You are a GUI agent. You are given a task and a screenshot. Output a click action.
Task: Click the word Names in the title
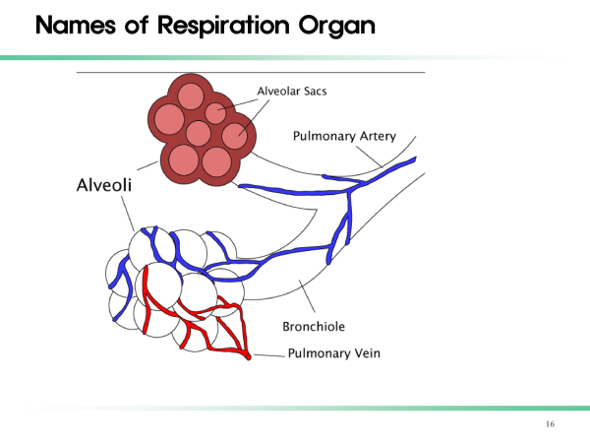76,26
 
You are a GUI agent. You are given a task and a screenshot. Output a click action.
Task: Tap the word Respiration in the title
223,26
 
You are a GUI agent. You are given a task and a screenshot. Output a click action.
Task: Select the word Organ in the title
337,27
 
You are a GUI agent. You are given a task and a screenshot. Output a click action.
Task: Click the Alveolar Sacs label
292,92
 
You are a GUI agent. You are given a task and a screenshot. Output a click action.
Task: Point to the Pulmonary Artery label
344,136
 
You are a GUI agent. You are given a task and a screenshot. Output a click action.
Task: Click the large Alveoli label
104,185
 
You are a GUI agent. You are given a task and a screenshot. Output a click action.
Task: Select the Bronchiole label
314,326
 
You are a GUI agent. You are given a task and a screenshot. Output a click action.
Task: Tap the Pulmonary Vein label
333,353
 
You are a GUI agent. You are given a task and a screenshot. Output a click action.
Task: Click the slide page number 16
550,424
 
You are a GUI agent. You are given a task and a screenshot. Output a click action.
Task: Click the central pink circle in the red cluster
199,133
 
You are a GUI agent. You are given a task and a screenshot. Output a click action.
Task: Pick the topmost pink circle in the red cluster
191,96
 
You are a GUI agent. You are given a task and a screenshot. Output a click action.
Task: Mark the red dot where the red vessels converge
249,356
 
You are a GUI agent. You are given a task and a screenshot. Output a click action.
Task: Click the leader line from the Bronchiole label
307,296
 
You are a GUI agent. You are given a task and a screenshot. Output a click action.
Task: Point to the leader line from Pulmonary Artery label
370,157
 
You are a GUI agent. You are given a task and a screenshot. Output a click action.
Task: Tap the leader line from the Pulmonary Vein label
269,355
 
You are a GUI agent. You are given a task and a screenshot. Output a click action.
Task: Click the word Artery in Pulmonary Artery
378,137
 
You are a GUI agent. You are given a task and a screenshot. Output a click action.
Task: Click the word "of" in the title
137,26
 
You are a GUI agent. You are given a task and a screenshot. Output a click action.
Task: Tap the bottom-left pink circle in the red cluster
184,160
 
